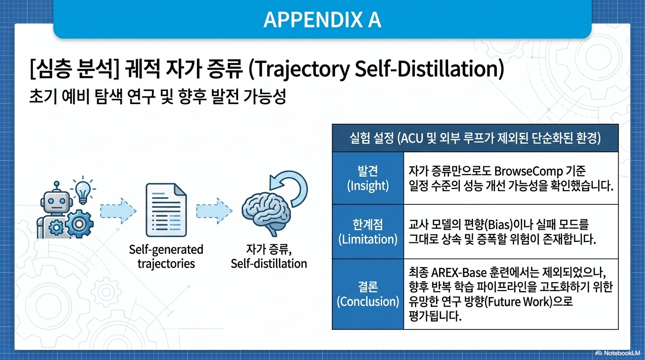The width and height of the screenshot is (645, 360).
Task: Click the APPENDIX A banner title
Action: [x=322, y=20]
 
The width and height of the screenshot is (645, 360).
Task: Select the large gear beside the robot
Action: [x=79, y=224]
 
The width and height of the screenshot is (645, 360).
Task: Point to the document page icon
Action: [x=166, y=210]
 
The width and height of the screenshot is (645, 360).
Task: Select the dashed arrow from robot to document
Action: [x=118, y=211]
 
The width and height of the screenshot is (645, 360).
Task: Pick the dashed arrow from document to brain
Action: [x=214, y=211]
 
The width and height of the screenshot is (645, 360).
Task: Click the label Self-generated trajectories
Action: [x=166, y=256]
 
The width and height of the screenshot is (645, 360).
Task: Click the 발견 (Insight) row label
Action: [x=367, y=178]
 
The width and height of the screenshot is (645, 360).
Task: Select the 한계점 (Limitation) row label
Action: [x=367, y=232]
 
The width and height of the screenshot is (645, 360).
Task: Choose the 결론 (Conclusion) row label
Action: [x=367, y=294]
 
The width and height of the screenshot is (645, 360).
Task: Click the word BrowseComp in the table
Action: [x=528, y=172]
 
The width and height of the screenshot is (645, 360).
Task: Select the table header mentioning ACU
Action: [x=475, y=138]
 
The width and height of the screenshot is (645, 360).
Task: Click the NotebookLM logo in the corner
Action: [x=617, y=353]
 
